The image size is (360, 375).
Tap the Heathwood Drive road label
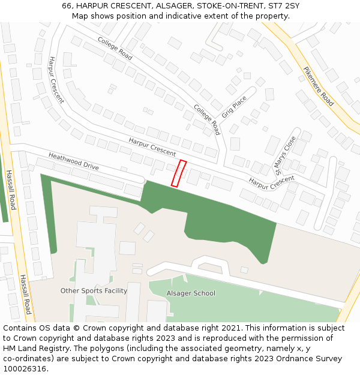pos(73,160)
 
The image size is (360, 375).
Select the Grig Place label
pos(234,106)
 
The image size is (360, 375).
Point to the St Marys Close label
pos(286,155)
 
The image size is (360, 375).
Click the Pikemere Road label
pos(319,86)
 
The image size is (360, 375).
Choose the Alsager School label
pos(191,293)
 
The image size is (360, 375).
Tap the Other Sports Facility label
pos(94,291)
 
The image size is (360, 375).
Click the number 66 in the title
pos(67,6)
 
